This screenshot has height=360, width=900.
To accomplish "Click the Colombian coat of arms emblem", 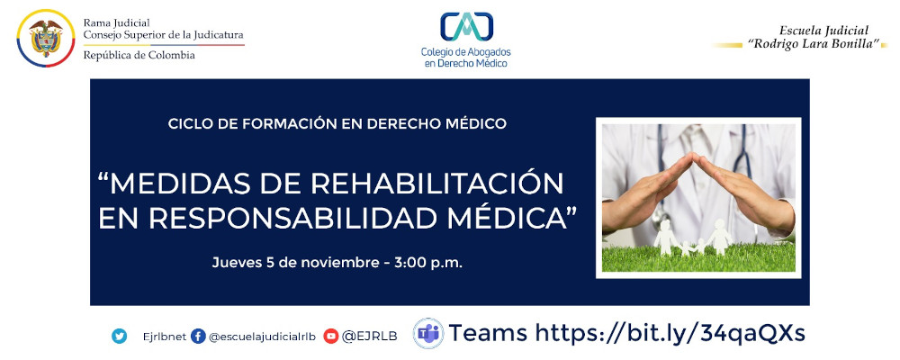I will click(x=46, y=39).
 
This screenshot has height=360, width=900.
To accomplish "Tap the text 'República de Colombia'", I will click(x=139, y=56).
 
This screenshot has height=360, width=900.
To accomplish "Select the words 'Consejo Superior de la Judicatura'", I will click(x=163, y=35).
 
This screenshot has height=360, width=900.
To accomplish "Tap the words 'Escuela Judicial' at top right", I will click(x=818, y=30).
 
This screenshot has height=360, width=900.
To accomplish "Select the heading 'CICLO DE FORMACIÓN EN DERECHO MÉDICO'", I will click(x=337, y=122).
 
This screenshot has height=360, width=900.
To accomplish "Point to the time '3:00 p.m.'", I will click(x=428, y=264).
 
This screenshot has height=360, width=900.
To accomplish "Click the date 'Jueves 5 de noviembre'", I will click(x=292, y=264).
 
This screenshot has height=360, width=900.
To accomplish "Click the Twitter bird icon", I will click(x=119, y=336).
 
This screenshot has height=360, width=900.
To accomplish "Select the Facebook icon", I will click(x=198, y=336).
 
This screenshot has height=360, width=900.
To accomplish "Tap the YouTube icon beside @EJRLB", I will click(x=331, y=336).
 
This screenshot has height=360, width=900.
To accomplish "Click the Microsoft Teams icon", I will click(x=427, y=334).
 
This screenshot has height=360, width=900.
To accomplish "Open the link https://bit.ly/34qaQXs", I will click(x=670, y=333).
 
